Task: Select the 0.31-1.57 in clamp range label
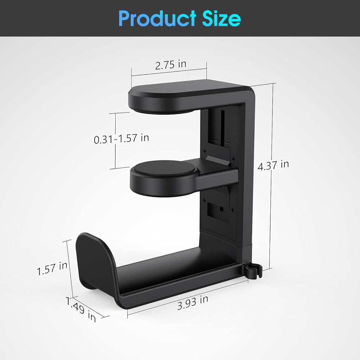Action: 121,138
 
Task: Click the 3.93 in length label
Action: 192,302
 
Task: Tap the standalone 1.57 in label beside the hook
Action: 52,268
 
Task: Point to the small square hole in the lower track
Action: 221,209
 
